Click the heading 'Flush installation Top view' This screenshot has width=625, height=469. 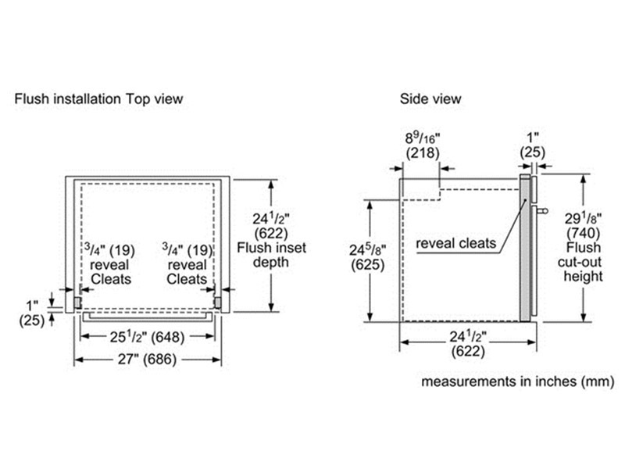point(98,99)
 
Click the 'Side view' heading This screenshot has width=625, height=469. point(430,99)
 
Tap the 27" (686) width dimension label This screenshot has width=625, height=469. point(148,360)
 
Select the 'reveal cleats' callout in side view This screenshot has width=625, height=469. point(456,244)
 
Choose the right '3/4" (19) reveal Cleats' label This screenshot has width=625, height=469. point(187,264)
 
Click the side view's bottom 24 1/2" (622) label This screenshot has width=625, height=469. point(467,345)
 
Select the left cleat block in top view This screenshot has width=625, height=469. point(77,300)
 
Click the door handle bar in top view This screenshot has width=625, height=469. point(147,317)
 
